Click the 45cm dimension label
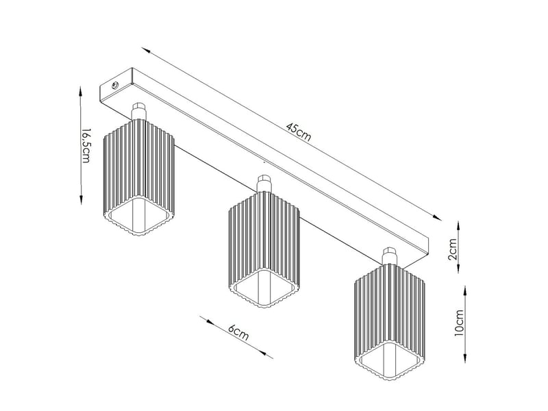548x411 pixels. [298, 132]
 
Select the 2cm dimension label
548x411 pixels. [452, 249]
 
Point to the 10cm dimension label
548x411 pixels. [458, 322]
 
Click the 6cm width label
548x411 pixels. [238, 332]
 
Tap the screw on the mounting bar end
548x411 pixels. [114, 85]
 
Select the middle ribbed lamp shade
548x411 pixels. [264, 249]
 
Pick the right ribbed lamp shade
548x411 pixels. [390, 322]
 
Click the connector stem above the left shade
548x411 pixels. [138, 112]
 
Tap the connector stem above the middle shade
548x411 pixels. [264, 184]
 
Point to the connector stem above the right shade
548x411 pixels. [389, 256]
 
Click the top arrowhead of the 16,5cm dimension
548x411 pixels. [81, 92]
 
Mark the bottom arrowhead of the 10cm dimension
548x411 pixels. [465, 358]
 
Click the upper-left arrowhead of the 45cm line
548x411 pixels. [146, 50]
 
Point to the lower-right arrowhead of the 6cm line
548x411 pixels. [269, 356]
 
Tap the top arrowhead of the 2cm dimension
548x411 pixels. [458, 225]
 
